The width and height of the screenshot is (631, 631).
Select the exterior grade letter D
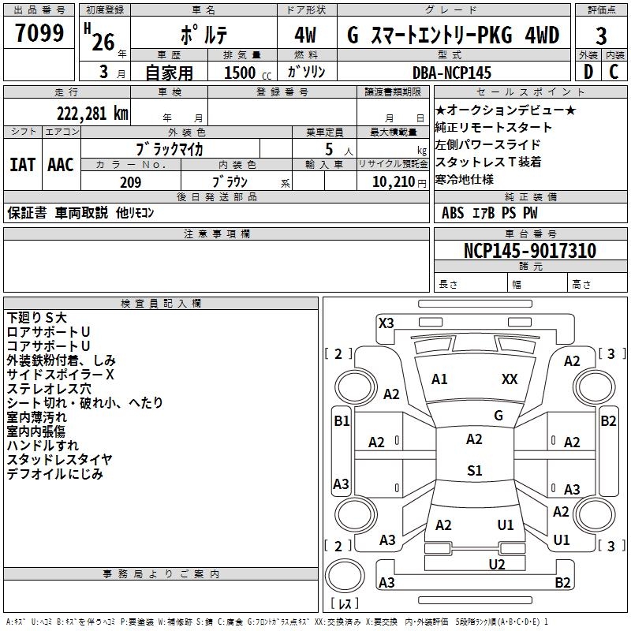[x=588, y=72]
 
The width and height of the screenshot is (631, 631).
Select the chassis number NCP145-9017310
[x=530, y=251]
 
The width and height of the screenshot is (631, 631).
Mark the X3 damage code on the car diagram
[x=386, y=323]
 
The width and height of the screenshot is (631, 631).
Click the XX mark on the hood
[x=510, y=379]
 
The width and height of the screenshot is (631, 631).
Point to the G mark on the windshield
[x=498, y=415]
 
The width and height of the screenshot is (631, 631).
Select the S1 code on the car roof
[x=474, y=471]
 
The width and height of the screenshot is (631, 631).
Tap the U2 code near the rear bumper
[x=496, y=563]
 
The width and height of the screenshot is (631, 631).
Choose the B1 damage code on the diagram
[x=341, y=421]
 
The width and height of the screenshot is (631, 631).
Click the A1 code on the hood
[x=439, y=379]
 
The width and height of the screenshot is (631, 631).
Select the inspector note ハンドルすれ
[x=43, y=446]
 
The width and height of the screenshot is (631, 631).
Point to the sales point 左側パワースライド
[x=487, y=145]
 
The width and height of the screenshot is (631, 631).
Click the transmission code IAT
[x=21, y=165]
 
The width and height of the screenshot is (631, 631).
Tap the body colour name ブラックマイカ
[x=170, y=148]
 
